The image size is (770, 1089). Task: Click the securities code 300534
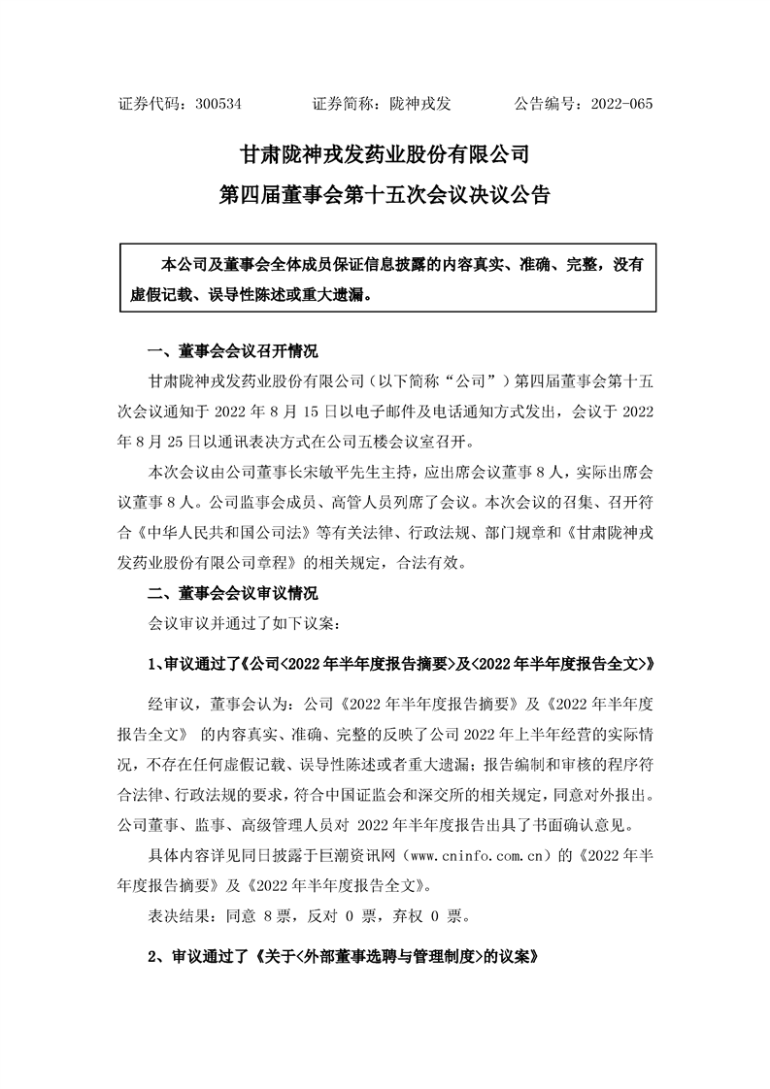pos(218,102)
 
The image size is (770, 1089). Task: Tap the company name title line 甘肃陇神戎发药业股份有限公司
pos(385,154)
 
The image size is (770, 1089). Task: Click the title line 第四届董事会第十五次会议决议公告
pos(385,196)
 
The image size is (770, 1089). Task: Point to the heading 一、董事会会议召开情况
pos(232,351)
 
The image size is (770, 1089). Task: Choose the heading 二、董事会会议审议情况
pos(232,592)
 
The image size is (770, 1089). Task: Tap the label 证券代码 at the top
pos(147,102)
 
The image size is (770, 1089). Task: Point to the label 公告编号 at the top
pos(545,102)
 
